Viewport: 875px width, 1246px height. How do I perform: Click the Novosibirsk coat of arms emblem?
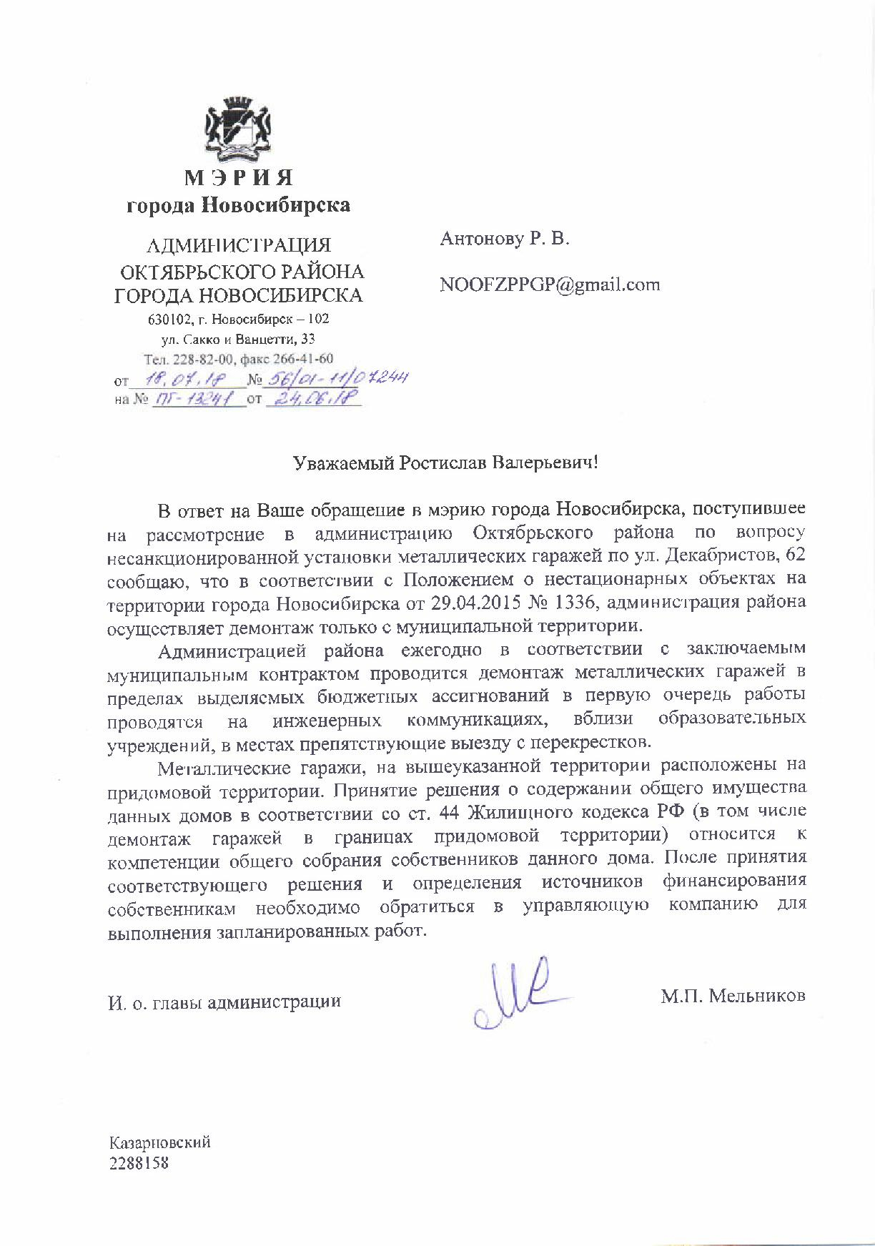pyautogui.click(x=239, y=128)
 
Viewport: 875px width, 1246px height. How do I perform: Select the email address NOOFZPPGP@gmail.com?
pyautogui.click(x=549, y=285)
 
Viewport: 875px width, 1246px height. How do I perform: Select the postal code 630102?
pyautogui.click(x=167, y=319)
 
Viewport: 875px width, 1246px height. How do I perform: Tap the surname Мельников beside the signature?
pyautogui.click(x=756, y=996)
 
